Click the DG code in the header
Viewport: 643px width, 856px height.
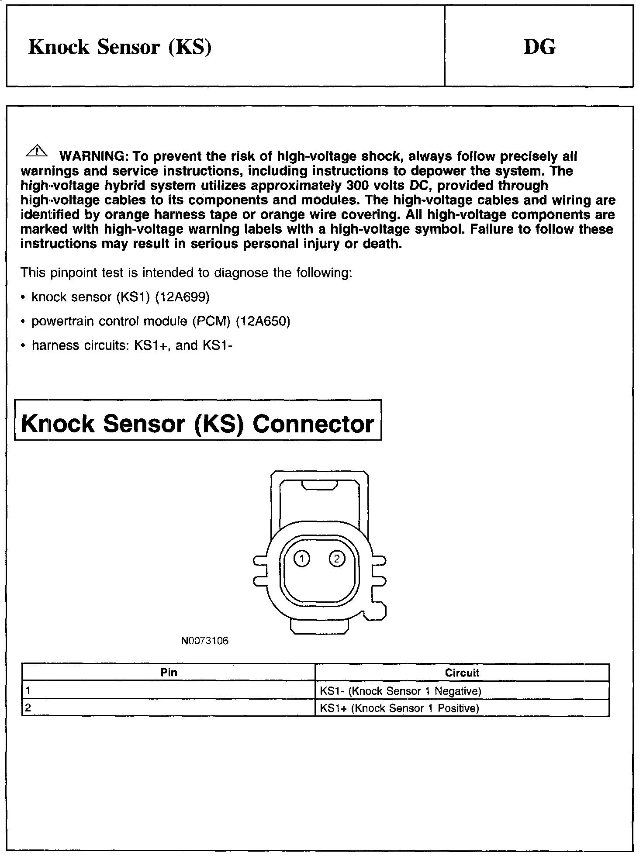pos(539,47)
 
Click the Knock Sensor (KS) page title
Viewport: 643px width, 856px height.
pos(120,47)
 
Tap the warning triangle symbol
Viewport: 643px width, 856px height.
pos(37,152)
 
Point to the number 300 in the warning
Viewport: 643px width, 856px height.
pos(358,185)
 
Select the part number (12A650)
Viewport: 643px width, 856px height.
pos(263,321)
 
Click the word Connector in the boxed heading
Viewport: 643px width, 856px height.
pos(313,424)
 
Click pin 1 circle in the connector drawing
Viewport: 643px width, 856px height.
pos(301,559)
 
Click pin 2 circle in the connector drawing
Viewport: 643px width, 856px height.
pos(337,559)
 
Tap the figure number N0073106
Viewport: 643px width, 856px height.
pos(205,641)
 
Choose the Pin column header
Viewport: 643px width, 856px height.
pos(169,673)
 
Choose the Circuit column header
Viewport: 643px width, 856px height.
pos(462,673)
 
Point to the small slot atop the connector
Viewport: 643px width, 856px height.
pos(320,485)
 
